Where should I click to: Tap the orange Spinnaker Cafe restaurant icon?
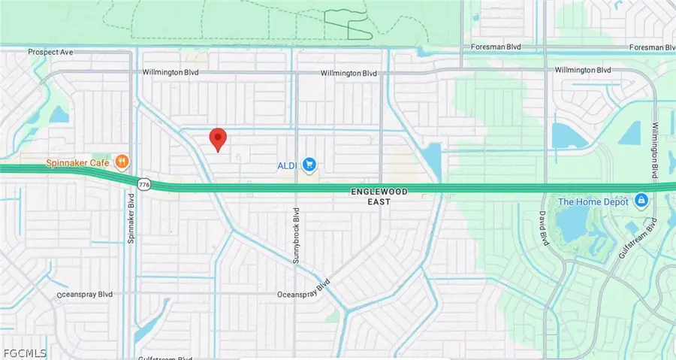[121, 161]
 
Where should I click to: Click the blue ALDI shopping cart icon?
[309, 165]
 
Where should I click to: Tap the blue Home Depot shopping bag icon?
[641, 201]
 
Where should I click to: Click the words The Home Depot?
[594, 201]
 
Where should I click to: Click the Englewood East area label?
[379, 196]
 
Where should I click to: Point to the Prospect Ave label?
[50, 52]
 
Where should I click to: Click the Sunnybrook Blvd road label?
[296, 235]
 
